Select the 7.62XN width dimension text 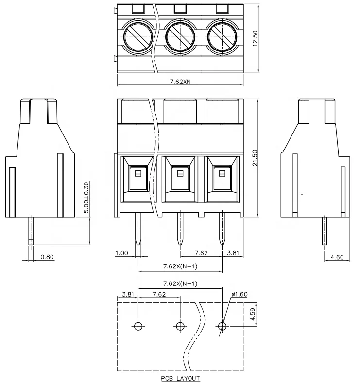tap(180, 82)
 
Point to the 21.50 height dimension tap(256, 158)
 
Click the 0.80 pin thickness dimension tap(47, 257)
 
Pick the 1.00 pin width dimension tap(121, 253)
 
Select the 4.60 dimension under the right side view tap(337, 257)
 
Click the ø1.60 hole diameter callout tap(240, 294)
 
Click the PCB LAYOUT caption tap(181, 377)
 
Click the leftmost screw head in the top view tap(138, 36)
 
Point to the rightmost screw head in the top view tap(223, 36)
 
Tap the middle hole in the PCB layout tap(180, 326)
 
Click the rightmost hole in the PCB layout tap(223, 326)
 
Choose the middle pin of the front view tap(180, 228)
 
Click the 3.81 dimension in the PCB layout tap(128, 294)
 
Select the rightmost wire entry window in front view tap(223, 178)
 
